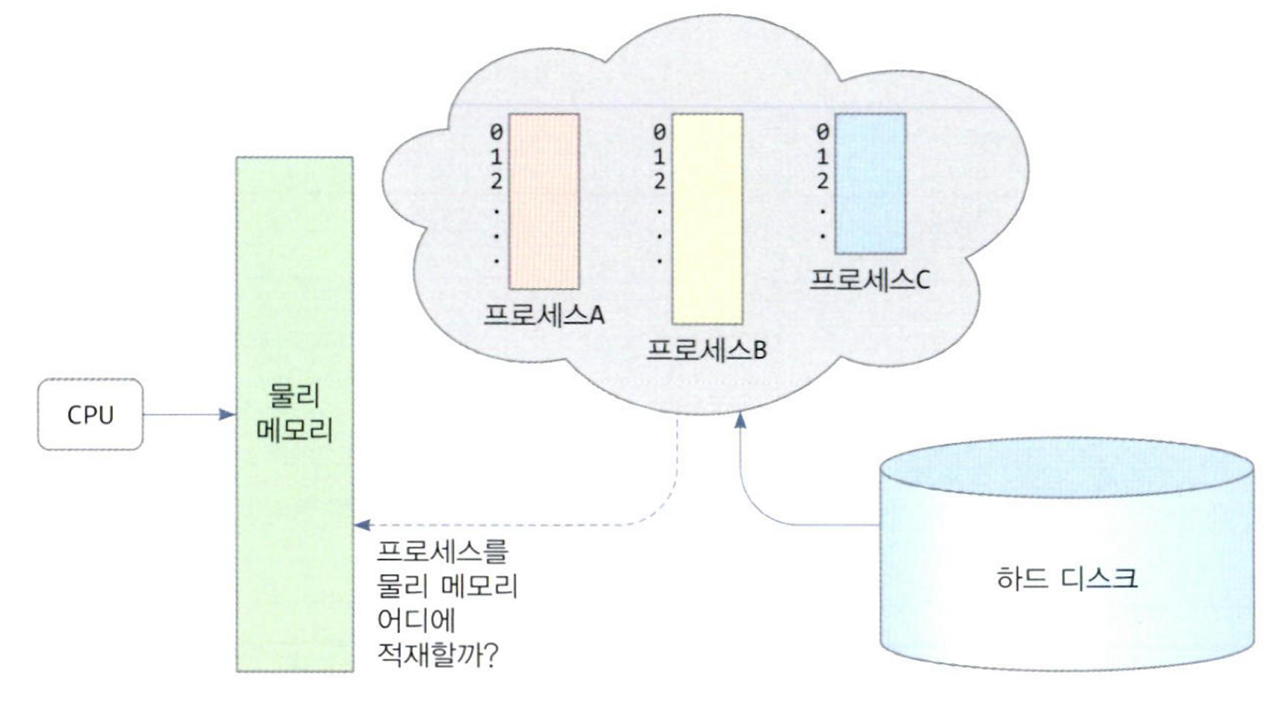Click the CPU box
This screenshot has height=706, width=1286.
pyautogui.click(x=90, y=414)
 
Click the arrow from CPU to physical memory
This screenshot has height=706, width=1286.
pyautogui.click(x=189, y=414)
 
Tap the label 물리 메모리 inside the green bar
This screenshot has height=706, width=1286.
pyautogui.click(x=294, y=413)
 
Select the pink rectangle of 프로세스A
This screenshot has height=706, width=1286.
pyautogui.click(x=543, y=201)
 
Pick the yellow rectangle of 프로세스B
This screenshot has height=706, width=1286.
pyautogui.click(x=707, y=219)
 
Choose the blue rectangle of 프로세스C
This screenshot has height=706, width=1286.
pyautogui.click(x=870, y=184)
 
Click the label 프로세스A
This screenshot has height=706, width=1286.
pyautogui.click(x=543, y=314)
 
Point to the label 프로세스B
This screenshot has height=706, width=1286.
pyautogui.click(x=707, y=349)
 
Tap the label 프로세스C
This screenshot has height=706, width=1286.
pyautogui.click(x=870, y=280)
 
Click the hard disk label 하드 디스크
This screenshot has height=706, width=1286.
pyautogui.click(x=1066, y=579)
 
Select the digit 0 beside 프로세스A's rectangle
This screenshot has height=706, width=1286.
pyautogui.click(x=496, y=132)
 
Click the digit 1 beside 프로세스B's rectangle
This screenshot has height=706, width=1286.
pyautogui.click(x=659, y=157)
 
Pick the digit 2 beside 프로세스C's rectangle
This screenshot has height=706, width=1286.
pyautogui.click(x=822, y=181)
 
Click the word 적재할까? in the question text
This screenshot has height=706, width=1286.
pyautogui.click(x=438, y=654)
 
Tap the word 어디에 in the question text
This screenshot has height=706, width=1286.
pyautogui.click(x=416, y=620)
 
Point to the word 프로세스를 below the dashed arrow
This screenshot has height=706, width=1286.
pyautogui.click(x=443, y=551)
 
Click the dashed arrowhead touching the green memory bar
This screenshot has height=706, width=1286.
pyautogui.click(x=361, y=525)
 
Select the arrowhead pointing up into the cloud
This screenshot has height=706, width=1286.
pyautogui.click(x=740, y=420)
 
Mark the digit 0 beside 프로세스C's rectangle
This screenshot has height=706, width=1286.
pyautogui.click(x=822, y=132)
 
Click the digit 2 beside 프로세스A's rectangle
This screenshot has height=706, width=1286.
pyautogui.click(x=496, y=181)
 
